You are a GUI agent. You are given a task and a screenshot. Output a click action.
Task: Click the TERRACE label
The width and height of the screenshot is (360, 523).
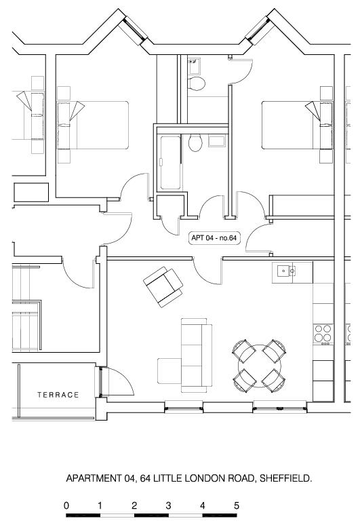(x=58, y=395)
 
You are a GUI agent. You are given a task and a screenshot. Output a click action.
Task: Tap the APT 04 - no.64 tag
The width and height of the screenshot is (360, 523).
(x=213, y=238)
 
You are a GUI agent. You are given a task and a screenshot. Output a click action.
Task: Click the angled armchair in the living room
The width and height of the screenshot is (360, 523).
(x=163, y=286)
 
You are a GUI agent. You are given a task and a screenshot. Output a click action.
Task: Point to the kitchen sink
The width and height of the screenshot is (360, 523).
(x=284, y=272)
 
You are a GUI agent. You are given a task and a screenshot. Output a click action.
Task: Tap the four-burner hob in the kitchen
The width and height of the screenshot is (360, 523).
(x=323, y=333)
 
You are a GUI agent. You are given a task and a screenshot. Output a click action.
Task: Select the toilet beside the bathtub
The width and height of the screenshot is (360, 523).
(x=196, y=142)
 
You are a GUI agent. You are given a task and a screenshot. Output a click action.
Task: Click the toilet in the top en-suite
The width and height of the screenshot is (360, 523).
(x=197, y=83)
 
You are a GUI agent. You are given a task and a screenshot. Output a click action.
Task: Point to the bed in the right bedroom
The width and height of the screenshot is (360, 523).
(x=294, y=125)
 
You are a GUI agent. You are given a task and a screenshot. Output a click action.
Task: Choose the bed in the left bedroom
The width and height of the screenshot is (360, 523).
(x=95, y=125)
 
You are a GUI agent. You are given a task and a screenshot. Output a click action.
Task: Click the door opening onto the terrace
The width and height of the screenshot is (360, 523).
(x=117, y=383)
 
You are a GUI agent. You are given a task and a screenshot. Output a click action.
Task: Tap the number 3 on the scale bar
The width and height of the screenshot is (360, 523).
(x=168, y=505)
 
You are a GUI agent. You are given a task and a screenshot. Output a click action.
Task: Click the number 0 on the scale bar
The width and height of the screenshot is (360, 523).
(x=66, y=505)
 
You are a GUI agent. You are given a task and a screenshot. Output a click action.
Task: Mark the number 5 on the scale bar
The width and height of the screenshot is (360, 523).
(x=237, y=505)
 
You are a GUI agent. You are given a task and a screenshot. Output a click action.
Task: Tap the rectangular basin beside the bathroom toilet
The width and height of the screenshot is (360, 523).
(x=217, y=140)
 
